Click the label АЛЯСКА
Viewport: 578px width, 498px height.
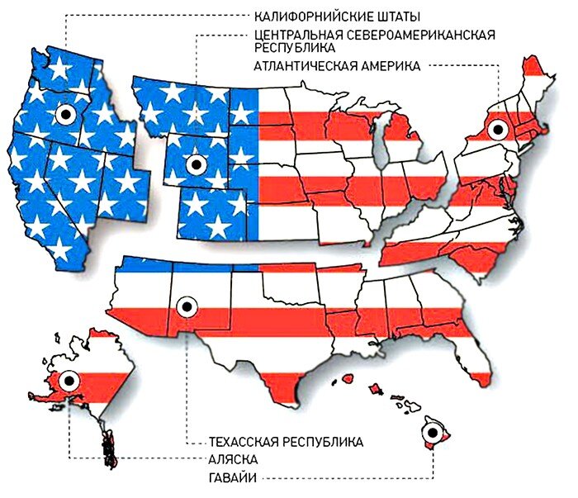point(233,459)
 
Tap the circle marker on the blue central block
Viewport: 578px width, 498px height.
point(196,164)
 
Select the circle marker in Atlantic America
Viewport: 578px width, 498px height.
point(496,130)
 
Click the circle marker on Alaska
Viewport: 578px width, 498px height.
point(68,381)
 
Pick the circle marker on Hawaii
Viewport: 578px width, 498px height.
point(433,432)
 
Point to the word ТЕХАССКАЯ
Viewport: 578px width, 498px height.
point(248,441)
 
